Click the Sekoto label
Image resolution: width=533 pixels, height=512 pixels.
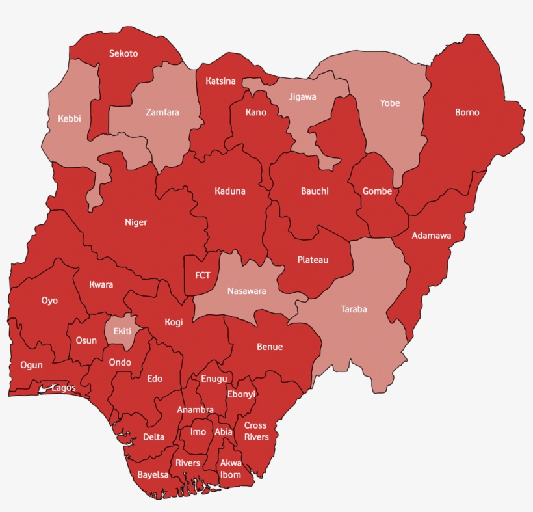pyautogui.click(x=123, y=53)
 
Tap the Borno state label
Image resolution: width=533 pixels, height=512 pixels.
pyautogui.click(x=467, y=113)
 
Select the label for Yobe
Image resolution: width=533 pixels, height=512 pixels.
pyautogui.click(x=390, y=103)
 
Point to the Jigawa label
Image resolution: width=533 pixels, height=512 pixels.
pyautogui.click(x=302, y=97)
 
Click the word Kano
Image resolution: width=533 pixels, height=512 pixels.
pyautogui.click(x=256, y=113)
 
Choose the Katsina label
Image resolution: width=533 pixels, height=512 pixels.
pyautogui.click(x=220, y=81)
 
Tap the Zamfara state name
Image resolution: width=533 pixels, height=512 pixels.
pyautogui.click(x=162, y=112)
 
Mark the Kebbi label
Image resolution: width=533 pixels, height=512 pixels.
pyautogui.click(x=70, y=119)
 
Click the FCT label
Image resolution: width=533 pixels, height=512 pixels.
pyautogui.click(x=203, y=275)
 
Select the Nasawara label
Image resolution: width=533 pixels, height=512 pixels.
pyautogui.click(x=246, y=291)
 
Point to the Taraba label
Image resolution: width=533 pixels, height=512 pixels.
pyautogui.click(x=354, y=309)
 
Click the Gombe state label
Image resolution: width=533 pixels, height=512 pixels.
pyautogui.click(x=377, y=191)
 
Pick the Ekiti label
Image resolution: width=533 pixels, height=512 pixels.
pyautogui.click(x=122, y=331)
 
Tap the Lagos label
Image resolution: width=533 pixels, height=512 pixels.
pyautogui.click(x=64, y=388)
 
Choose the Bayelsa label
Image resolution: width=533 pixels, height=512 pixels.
pyautogui.click(x=153, y=475)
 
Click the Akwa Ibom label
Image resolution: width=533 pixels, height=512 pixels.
pyautogui.click(x=231, y=468)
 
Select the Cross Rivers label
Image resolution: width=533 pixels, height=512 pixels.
pyautogui.click(x=256, y=431)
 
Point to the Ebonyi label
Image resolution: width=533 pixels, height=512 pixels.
pyautogui.click(x=241, y=394)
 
